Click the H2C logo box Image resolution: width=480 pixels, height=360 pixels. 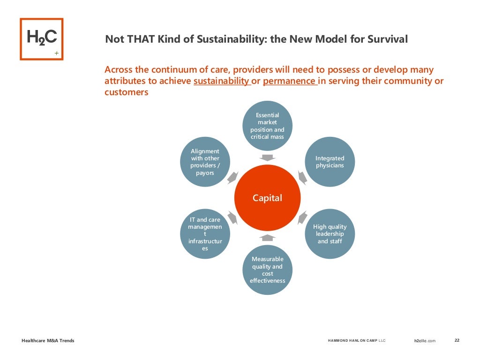(41, 39)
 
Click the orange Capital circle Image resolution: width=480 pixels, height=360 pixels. (268, 198)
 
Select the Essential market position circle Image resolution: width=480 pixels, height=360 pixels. (267, 126)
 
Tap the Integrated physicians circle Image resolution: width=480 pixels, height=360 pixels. (330, 162)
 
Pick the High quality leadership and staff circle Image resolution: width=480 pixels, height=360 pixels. (330, 234)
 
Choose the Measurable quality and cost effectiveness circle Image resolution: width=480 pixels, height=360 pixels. (267, 270)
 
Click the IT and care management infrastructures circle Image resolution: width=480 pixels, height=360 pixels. (205, 234)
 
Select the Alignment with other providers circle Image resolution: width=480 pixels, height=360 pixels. (205, 162)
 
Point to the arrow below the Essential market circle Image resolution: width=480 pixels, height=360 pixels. (268, 157)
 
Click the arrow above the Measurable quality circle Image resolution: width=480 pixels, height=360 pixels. (268, 238)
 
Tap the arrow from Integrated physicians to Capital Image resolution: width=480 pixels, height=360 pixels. (302, 177)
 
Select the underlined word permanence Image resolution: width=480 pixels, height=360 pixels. (289, 81)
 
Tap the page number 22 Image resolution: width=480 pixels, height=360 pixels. (457, 340)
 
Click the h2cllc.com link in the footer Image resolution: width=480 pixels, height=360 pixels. (425, 341)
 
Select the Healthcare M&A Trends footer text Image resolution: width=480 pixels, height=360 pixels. (48, 341)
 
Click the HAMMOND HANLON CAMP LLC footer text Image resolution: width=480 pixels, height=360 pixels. (356, 341)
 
